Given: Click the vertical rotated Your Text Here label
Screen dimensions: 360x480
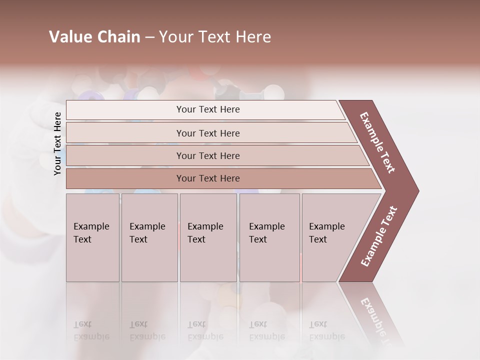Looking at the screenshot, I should pyautogui.click(x=57, y=143).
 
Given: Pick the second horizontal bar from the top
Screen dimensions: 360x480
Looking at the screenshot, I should pyautogui.click(x=208, y=133).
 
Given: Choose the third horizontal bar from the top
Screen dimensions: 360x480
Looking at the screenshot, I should pyautogui.click(x=208, y=155).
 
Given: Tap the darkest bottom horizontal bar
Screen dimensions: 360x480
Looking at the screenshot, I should pyautogui.click(x=208, y=178).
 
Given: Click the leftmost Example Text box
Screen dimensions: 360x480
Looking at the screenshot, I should pyautogui.click(x=92, y=237).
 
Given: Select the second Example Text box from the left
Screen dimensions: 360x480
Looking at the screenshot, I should pyautogui.click(x=149, y=237).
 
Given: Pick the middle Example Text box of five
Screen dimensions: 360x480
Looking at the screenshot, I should pyautogui.click(x=208, y=237).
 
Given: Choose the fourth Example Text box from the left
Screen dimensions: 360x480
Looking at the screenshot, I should pyautogui.click(x=269, y=237).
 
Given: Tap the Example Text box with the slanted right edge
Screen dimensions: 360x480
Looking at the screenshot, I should pyautogui.click(x=332, y=237).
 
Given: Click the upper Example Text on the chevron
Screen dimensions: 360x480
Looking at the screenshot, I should pyautogui.click(x=377, y=142).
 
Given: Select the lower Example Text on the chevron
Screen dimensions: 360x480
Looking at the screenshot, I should pyautogui.click(x=379, y=236).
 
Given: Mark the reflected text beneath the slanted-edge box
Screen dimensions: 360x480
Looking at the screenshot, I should pyautogui.click(x=325, y=330).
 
